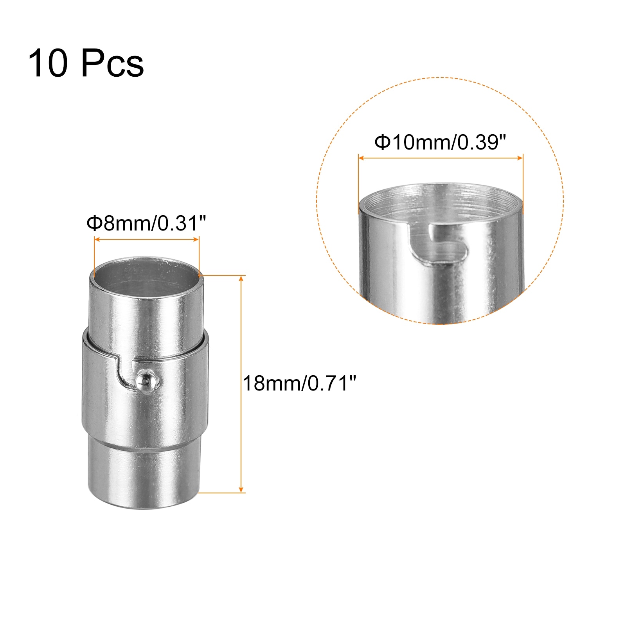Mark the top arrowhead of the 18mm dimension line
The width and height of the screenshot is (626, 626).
[241, 279]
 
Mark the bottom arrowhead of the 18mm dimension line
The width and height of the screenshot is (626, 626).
[241, 489]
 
